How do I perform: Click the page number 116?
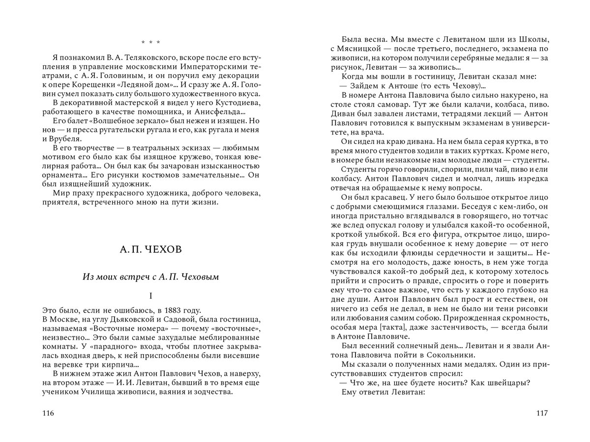tap(48, 413)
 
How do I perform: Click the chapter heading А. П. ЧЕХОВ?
tap(150, 250)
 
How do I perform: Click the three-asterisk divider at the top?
tap(150, 42)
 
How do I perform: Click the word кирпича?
tap(118, 365)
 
